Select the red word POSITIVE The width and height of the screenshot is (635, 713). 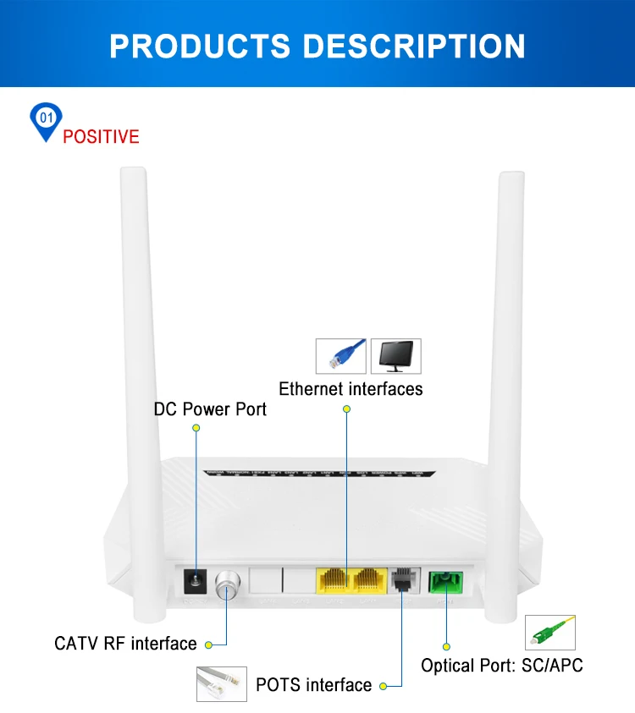click(101, 137)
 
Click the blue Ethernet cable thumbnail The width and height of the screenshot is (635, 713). click(341, 356)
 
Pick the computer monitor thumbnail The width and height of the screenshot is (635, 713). click(395, 356)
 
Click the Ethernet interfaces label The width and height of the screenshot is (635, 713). click(351, 389)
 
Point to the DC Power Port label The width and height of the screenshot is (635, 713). click(210, 409)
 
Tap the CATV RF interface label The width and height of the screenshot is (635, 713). click(125, 644)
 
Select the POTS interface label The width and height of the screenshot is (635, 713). click(313, 685)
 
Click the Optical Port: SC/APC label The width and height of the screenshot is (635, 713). click(502, 666)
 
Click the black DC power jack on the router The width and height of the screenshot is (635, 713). click(196, 583)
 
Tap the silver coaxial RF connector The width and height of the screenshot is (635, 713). click(227, 584)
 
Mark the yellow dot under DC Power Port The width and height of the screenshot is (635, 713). click(196, 429)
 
